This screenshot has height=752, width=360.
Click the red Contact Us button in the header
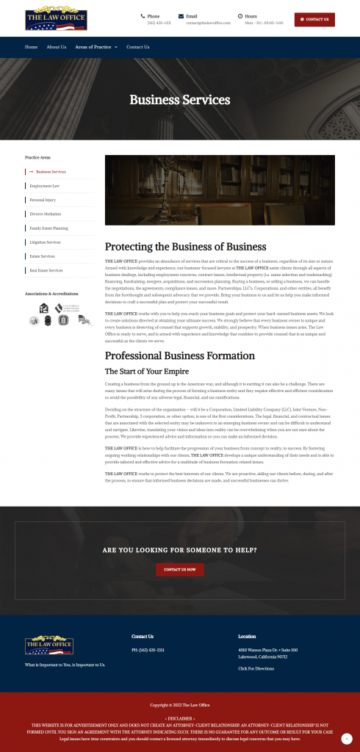coord(314,19)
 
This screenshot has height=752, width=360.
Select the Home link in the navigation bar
coord(31,47)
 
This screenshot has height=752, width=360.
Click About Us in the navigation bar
coord(57,47)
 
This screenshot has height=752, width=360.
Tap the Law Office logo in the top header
coord(56,19)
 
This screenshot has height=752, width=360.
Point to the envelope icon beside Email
coord(181,15)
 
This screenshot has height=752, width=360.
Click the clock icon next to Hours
coord(240,15)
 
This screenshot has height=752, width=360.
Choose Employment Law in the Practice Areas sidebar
coord(45,186)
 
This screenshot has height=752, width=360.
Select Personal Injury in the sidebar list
coord(43,200)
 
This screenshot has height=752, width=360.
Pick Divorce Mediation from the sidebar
coord(46,214)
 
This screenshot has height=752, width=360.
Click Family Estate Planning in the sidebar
coord(48,228)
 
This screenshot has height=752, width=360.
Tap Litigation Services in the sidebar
coord(45,242)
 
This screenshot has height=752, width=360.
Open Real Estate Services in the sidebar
coord(46,270)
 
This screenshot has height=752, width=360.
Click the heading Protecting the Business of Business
coord(185,247)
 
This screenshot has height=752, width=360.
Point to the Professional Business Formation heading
coord(179,355)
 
